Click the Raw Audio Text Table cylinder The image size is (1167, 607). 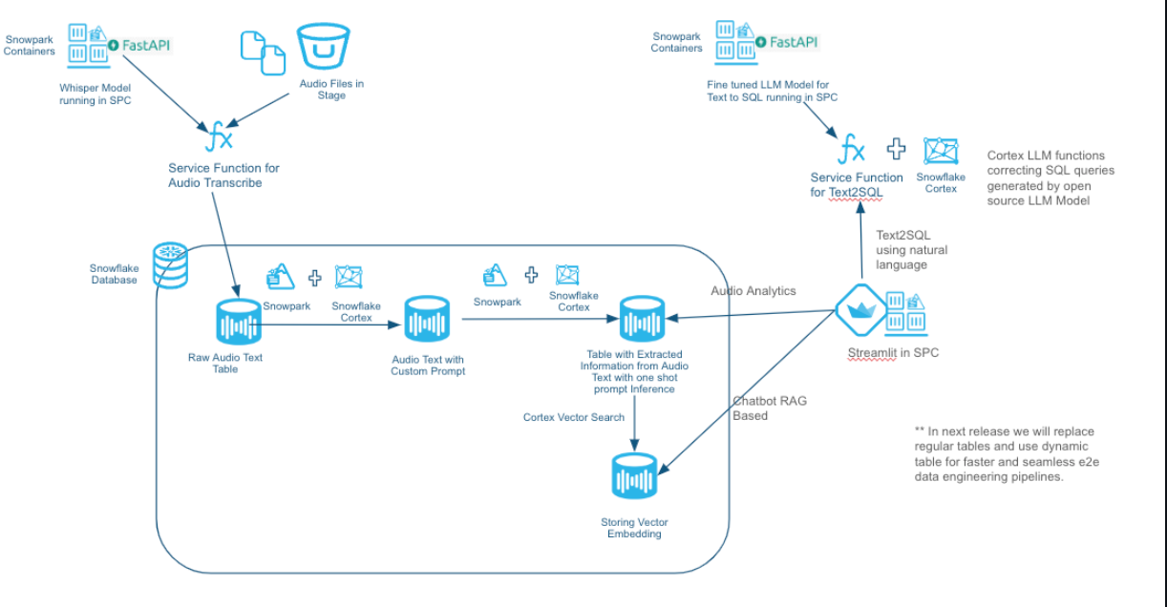click(x=239, y=324)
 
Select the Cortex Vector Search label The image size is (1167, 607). click(x=574, y=417)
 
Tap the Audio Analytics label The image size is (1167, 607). click(x=753, y=290)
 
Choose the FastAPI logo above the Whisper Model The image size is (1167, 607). click(x=140, y=45)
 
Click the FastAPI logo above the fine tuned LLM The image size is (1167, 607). click(x=788, y=42)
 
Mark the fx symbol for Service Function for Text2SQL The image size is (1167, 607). click(x=851, y=151)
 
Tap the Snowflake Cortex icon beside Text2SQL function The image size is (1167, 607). click(x=941, y=152)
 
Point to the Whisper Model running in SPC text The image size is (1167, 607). click(x=95, y=94)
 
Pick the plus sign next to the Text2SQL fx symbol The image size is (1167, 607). click(x=896, y=149)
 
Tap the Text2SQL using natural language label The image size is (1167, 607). click(x=912, y=250)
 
